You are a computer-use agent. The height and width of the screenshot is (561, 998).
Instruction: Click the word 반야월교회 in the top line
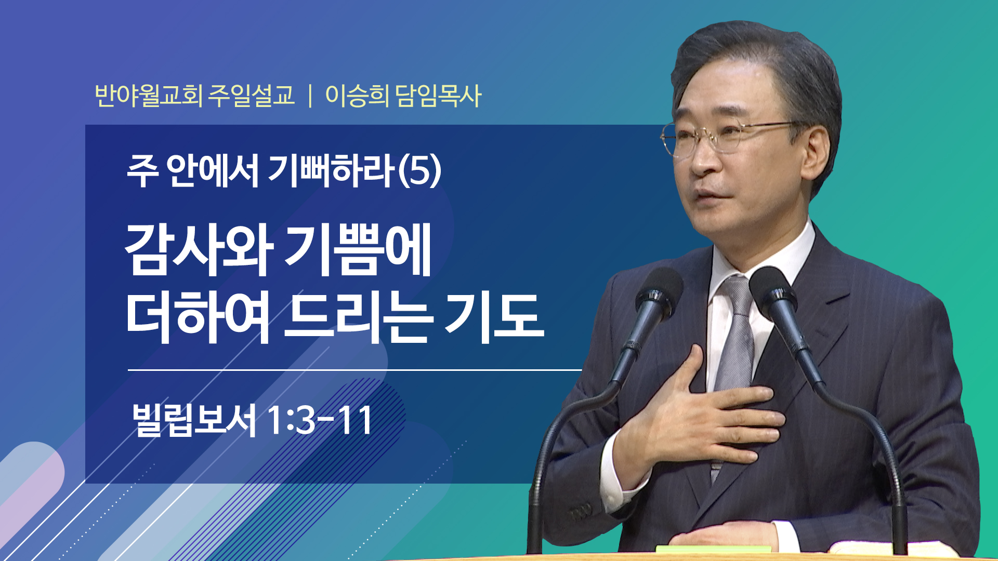149,96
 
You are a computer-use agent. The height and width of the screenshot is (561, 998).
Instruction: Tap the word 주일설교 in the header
252,96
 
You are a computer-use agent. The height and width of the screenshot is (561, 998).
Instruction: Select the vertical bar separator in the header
310,96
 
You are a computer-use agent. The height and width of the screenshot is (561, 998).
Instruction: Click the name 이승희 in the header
357,96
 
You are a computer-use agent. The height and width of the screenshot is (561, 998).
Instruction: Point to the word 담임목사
439,96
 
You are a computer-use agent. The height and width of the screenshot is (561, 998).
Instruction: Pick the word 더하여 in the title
199,317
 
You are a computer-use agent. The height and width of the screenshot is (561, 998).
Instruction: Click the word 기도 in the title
494,317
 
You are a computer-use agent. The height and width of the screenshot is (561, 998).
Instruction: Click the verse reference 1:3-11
320,420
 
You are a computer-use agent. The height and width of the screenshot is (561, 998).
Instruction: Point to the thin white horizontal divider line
354,370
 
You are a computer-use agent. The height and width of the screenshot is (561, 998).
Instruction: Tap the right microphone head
774,293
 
